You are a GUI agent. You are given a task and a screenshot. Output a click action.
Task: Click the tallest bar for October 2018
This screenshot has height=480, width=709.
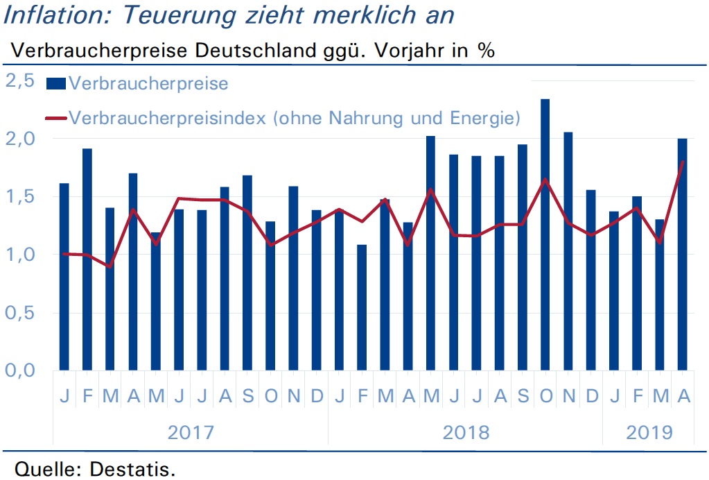pos(545,234)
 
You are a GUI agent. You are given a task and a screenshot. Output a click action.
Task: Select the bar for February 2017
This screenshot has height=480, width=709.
pos(87,259)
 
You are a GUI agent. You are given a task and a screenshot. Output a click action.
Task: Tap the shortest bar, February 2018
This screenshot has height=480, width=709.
pos(362,308)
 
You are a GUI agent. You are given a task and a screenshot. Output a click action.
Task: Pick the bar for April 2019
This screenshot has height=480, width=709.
pos(683,255)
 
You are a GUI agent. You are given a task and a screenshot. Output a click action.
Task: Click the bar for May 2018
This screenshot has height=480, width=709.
pos(430,253)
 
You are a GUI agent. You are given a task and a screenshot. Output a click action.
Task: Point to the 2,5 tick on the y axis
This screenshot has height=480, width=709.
pos(20,80)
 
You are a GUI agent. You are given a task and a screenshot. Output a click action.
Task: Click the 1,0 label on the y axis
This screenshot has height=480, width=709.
pos(20,255)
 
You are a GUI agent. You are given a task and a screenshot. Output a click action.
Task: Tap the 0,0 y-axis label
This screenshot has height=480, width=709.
pos(20,370)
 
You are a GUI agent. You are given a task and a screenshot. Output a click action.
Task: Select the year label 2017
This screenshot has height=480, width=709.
pos(191,433)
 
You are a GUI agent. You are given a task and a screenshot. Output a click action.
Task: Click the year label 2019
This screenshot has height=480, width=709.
pos(649,433)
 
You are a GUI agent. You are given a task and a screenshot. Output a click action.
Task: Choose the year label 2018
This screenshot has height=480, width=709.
pos(466,433)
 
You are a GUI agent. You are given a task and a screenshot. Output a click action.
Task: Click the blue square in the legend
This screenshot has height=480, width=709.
pos(56,83)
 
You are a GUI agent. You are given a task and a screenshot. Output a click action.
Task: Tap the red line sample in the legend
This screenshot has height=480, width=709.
pos(56,119)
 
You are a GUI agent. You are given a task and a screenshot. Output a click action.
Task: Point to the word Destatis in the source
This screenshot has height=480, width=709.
pos(132,469)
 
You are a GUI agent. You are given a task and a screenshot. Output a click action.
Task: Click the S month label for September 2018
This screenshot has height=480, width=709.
pos(523,396)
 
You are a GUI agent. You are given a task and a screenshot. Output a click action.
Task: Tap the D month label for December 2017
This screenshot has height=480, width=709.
pos(317,396)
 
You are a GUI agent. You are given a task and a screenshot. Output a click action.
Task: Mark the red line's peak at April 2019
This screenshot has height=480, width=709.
pos(683,162)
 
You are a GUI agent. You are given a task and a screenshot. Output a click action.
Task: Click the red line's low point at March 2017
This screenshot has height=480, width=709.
pos(110,266)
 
